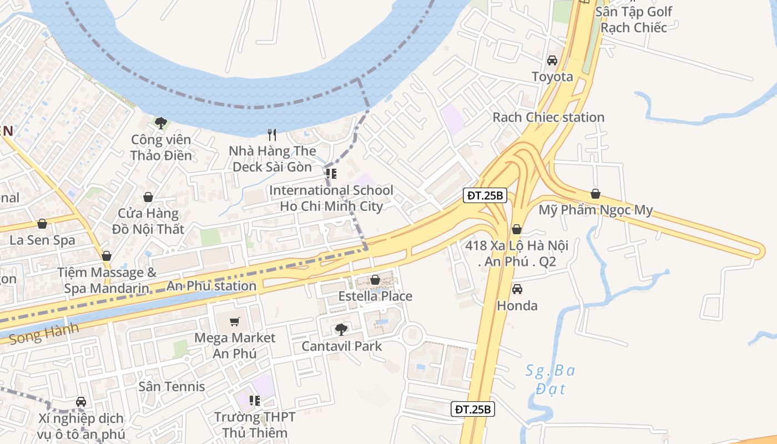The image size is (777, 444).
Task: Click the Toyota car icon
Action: pos(552,60)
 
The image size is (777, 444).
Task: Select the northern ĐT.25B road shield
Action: pos(485,195)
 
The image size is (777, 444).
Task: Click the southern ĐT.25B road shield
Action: pos(472,410)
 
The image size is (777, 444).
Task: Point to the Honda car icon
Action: pos(517,289)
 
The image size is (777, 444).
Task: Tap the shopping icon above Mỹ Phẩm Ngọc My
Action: pos(596,194)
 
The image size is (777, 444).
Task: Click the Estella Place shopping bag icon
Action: pos(375,280)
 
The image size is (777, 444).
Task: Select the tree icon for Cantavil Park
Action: pos(341,330)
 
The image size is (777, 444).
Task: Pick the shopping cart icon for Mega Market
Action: pos(235,322)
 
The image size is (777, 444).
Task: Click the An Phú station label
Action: pos(211,286)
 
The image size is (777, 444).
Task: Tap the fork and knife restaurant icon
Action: pos(272,135)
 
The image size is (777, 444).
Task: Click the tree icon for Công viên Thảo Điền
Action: pos(161,123)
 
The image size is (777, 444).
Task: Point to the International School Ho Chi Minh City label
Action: pos(331,198)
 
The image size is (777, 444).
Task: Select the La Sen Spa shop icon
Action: pos(42,224)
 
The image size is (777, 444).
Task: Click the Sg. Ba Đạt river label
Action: pos(550,379)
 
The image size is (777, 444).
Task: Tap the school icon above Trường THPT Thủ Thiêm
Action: pos(255,400)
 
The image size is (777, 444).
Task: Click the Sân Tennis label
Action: pos(171,387)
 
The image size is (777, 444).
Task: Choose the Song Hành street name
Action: pos(44,333)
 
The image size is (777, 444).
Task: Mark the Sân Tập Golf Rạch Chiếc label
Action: pos(633,19)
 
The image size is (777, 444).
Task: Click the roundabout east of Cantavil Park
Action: pos(412,334)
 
